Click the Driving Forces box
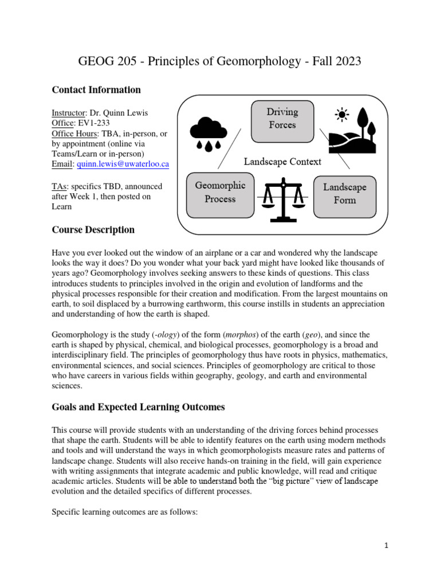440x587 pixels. click(282, 118)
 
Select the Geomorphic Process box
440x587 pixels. click(220, 193)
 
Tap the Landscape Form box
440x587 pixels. click(344, 194)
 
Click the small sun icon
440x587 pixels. click(343, 115)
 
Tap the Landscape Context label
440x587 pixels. click(282, 161)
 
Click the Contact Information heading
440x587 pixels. click(96, 90)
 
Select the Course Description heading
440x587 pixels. click(93, 230)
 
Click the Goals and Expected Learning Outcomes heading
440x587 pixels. click(138, 407)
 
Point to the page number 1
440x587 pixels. click(387, 546)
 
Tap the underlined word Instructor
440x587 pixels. click(68, 113)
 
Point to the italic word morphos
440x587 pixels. click(238, 334)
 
